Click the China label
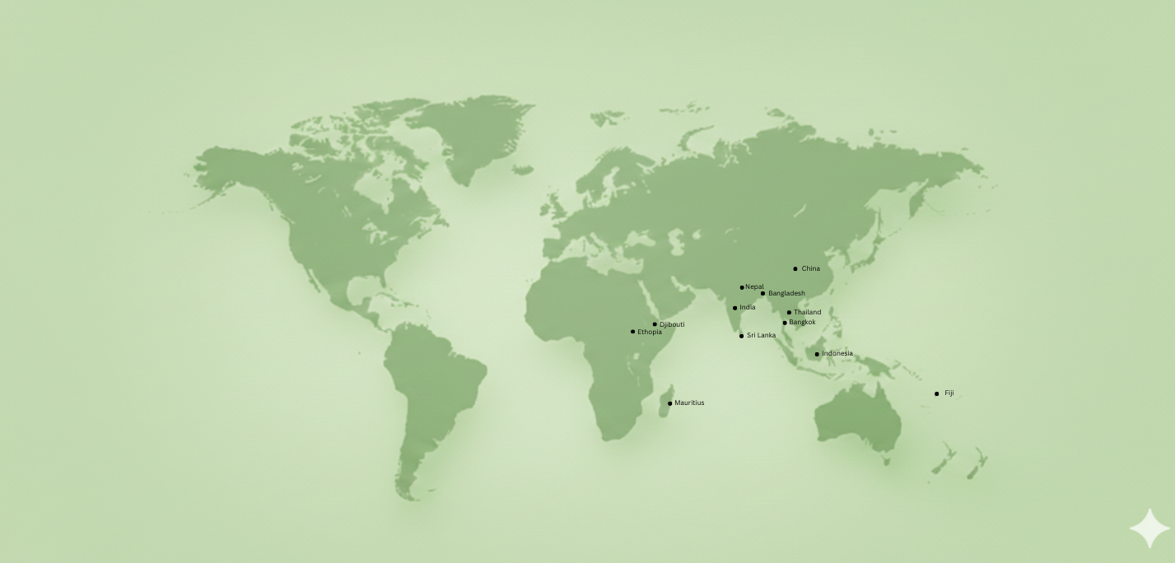810,268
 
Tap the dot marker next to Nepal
742,287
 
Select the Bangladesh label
786,293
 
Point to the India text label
747,307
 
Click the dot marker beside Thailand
789,313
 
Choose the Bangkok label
802,322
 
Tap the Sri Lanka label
761,335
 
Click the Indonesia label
837,354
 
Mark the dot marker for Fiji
936,393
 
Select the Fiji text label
949,393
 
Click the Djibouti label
672,324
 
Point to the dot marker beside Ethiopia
632,332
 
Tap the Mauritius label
689,402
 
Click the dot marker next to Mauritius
669,403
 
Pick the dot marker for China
795,269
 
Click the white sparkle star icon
1149,528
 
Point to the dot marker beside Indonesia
817,355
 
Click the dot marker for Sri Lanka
741,336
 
